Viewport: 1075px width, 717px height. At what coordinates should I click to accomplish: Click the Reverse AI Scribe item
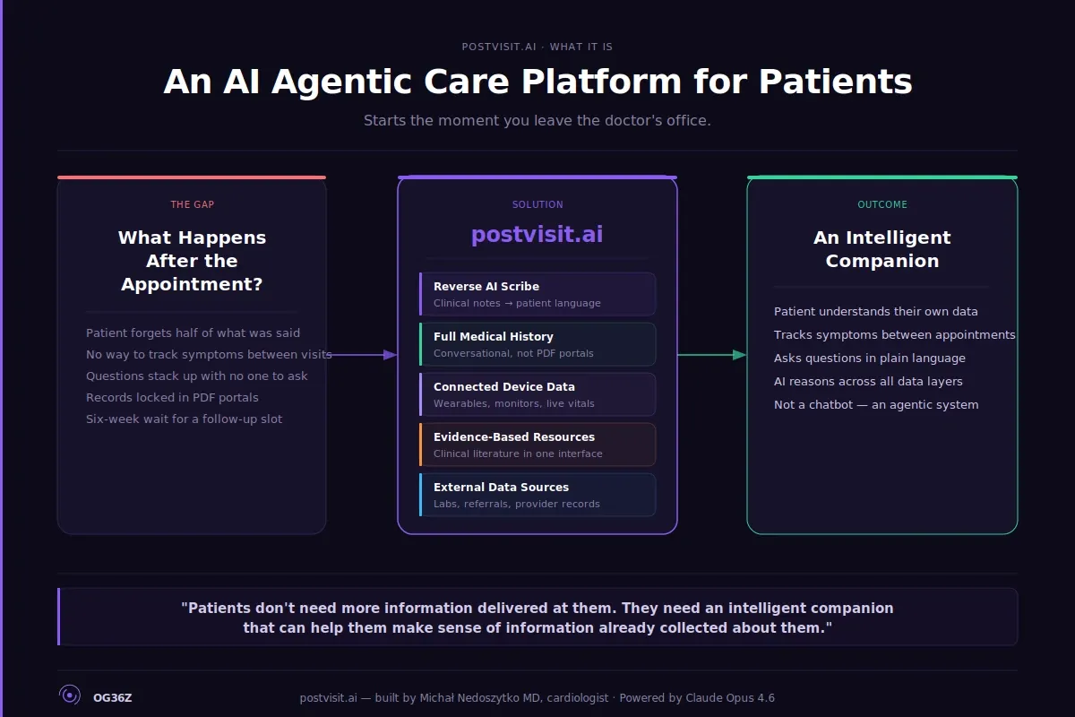click(x=537, y=294)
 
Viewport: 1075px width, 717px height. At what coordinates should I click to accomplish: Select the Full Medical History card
click(x=537, y=344)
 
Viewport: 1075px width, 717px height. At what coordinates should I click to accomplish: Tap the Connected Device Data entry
click(x=537, y=394)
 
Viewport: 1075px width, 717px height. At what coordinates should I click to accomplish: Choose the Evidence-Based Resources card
click(x=537, y=445)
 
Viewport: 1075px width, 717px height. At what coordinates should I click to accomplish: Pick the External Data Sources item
click(x=537, y=495)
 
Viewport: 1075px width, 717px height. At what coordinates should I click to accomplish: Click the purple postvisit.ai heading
click(x=537, y=235)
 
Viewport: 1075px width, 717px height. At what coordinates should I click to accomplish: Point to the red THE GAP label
click(x=193, y=204)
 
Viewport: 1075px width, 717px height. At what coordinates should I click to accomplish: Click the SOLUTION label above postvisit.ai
click(x=537, y=204)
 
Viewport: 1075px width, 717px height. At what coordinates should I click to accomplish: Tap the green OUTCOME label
click(x=882, y=204)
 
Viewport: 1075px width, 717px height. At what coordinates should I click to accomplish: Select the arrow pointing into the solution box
click(x=363, y=355)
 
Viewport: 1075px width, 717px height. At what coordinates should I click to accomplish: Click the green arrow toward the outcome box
click(x=712, y=355)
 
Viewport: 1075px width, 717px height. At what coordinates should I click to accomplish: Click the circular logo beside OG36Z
click(x=69, y=695)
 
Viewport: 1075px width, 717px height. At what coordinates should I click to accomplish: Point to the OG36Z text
click(x=113, y=698)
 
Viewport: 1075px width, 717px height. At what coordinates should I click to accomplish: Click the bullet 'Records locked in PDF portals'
click(x=172, y=397)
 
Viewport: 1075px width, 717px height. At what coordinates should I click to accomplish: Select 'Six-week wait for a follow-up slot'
click(x=184, y=419)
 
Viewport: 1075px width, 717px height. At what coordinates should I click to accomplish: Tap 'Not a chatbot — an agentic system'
click(x=876, y=404)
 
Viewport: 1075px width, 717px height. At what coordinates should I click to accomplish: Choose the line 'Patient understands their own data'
click(x=875, y=311)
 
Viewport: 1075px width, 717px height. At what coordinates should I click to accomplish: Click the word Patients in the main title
click(x=835, y=82)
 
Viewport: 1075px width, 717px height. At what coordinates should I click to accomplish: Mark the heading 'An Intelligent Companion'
click(x=882, y=249)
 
